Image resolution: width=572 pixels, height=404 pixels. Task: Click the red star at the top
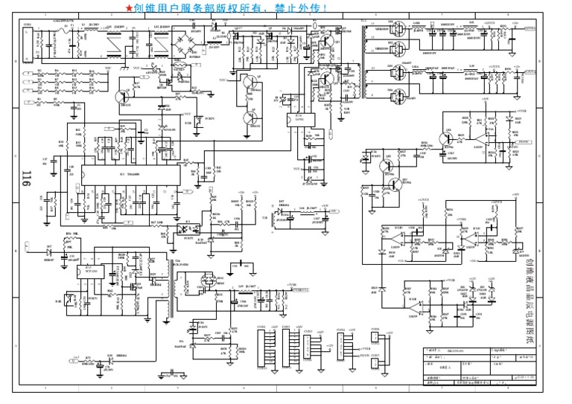pyautogui.click(x=130, y=7)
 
